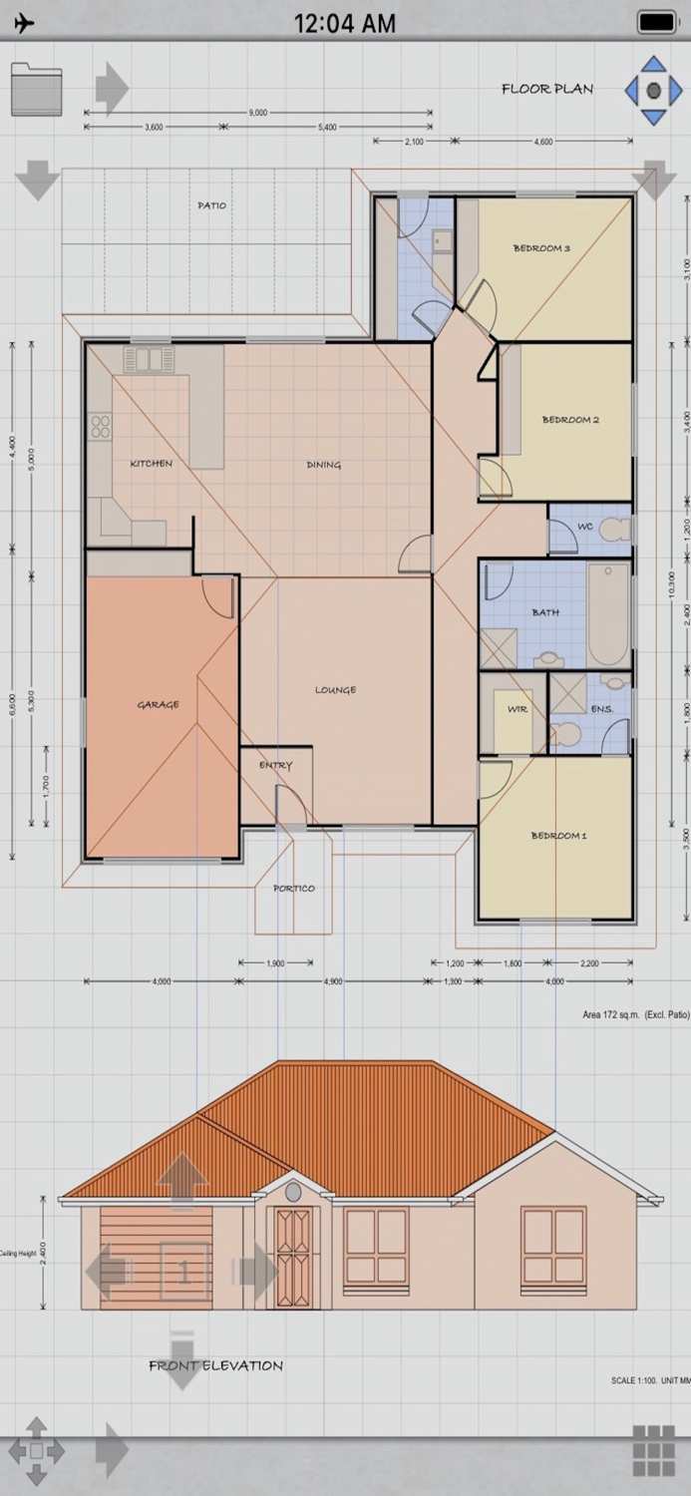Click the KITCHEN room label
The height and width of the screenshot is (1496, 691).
151,464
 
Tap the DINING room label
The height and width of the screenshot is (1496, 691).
324,465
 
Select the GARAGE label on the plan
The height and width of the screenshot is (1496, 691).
159,705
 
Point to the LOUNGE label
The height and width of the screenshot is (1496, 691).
335,690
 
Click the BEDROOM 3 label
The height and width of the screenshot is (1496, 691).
541,248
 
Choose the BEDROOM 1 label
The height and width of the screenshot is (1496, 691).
558,836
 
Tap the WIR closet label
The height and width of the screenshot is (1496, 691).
518,710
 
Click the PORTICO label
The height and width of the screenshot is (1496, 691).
294,889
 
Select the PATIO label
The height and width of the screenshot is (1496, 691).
211,205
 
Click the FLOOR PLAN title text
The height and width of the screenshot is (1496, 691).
547,89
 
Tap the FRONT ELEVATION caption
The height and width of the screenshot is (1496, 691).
216,1365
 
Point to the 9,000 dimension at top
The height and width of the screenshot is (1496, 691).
258,113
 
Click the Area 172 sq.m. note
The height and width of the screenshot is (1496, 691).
635,1014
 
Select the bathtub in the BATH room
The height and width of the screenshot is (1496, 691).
608,614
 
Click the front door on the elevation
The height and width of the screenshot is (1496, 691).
293,1257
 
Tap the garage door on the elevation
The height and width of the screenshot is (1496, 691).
157,1257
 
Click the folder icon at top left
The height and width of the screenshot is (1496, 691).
36,90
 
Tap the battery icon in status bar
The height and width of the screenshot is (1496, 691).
656,22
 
